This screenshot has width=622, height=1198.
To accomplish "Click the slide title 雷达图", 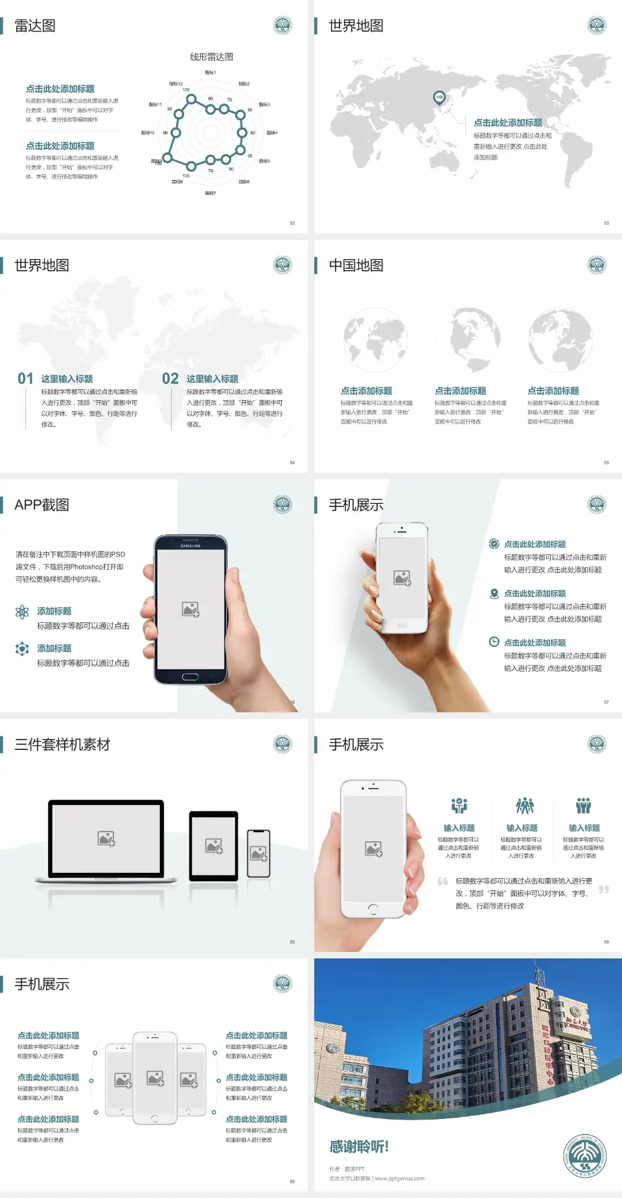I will point(35,26).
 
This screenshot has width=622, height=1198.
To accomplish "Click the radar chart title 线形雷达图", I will point(211,57).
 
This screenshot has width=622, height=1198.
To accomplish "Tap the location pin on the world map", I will point(439,98).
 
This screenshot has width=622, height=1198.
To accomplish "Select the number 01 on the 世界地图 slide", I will point(25,378).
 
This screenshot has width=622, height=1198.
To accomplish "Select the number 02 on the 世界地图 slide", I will point(170,378).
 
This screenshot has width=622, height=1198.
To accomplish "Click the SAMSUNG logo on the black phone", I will point(190,545).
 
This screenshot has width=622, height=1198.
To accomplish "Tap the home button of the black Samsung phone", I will point(190,677).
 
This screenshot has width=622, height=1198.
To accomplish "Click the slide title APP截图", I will point(41,505).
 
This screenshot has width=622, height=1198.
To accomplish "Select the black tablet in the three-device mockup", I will point(214,845).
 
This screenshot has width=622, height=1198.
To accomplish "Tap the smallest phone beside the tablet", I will point(259,853).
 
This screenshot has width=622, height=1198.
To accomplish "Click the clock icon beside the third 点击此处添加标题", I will point(494,642).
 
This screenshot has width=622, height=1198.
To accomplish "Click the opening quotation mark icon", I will point(443,881).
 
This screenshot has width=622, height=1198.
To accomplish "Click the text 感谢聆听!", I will point(358,1147).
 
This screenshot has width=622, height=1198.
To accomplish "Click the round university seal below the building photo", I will point(584,1156).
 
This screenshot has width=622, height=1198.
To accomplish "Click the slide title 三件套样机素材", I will point(62,745).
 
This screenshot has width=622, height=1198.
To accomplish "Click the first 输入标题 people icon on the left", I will point(459,806).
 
